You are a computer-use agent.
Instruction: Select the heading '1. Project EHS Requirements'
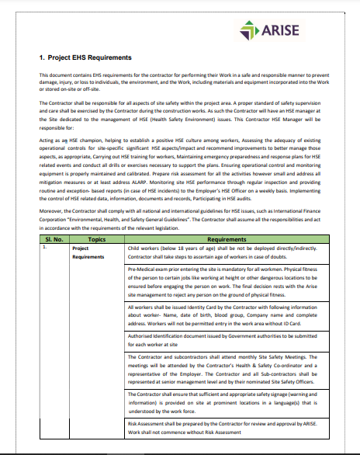(85, 57)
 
